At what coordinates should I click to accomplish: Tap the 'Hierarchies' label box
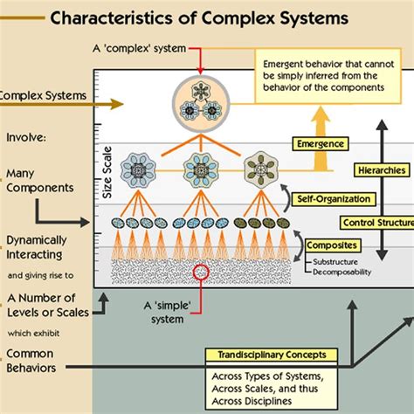(x=381, y=170)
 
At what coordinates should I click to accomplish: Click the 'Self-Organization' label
(x=344, y=201)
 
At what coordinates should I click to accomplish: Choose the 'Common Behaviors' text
(x=36, y=360)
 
